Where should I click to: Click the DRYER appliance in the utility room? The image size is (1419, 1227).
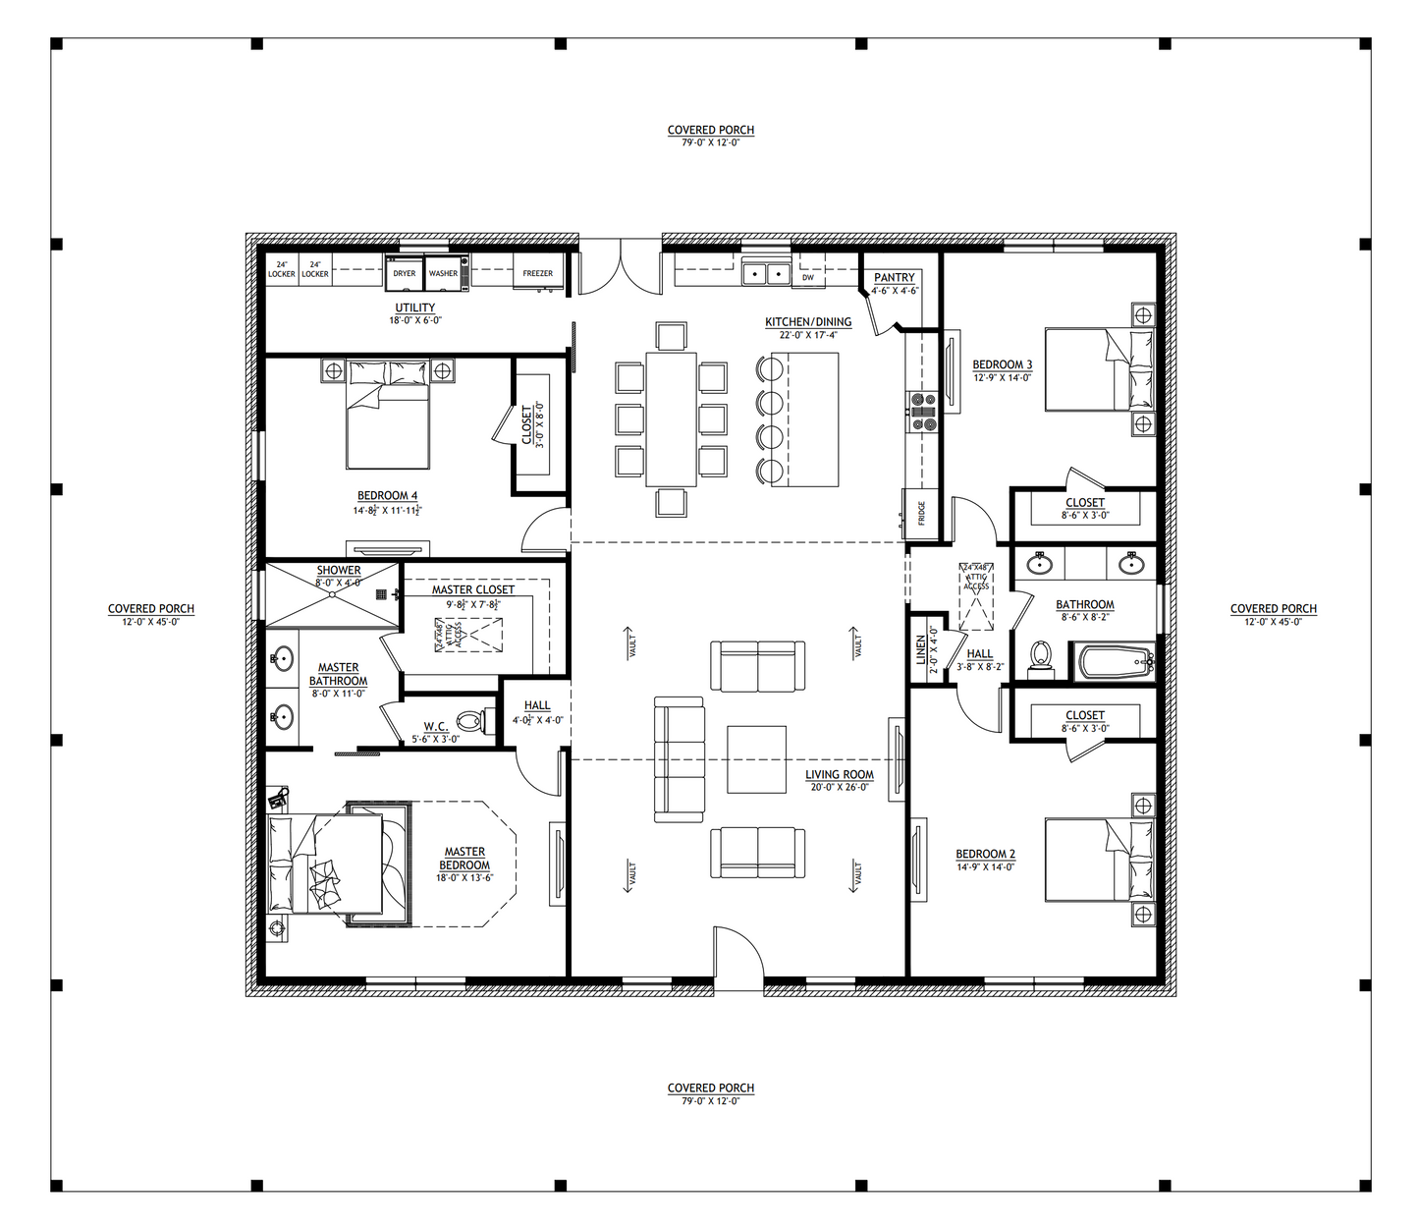(x=405, y=273)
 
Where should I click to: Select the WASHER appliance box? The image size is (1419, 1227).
(x=444, y=273)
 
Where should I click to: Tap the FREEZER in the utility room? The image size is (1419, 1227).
(x=537, y=274)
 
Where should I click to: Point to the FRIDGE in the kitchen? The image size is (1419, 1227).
(x=921, y=514)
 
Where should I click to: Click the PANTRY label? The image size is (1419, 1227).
(x=894, y=278)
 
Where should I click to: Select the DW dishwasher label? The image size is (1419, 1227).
(x=808, y=278)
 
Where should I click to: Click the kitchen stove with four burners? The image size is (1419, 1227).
(x=923, y=413)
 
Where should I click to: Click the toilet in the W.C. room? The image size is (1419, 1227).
(x=470, y=722)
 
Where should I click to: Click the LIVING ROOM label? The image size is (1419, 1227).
(x=839, y=775)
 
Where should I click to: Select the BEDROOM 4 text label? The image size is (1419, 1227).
(x=387, y=496)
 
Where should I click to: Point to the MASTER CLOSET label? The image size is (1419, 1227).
(x=472, y=589)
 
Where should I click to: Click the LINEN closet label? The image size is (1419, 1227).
(x=921, y=650)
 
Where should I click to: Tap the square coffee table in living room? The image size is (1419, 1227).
(x=756, y=758)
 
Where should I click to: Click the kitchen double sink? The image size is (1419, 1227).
(x=766, y=272)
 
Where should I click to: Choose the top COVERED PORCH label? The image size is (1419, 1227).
(x=710, y=130)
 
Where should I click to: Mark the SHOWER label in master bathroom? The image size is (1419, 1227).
(x=338, y=571)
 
